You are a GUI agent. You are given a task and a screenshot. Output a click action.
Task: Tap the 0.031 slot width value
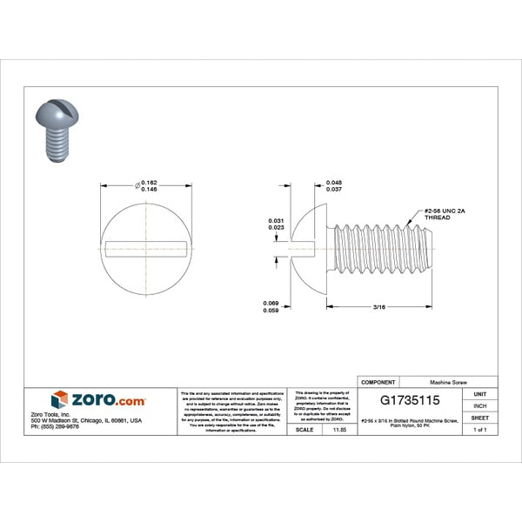(x=276, y=220)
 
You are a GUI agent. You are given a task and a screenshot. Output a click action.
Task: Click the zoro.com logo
(x=97, y=400)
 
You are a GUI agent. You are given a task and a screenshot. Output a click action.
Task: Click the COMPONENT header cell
(x=378, y=382)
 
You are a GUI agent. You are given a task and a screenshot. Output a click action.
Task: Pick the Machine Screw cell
(x=452, y=382)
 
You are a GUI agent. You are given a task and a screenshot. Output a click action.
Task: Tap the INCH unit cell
(x=479, y=405)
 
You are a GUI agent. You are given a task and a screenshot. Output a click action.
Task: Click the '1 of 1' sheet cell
(x=479, y=430)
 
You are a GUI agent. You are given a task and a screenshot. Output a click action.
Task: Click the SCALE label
(x=304, y=430)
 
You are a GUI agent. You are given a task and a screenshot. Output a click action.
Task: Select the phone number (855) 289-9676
(x=55, y=426)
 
